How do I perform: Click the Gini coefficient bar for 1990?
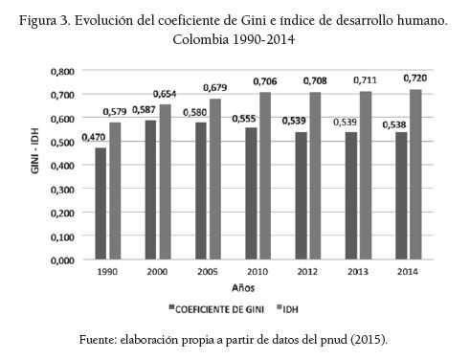[x=101, y=204]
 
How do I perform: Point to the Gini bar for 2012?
[x=299, y=196]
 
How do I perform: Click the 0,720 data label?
[x=413, y=77]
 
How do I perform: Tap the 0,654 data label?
[x=167, y=93]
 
